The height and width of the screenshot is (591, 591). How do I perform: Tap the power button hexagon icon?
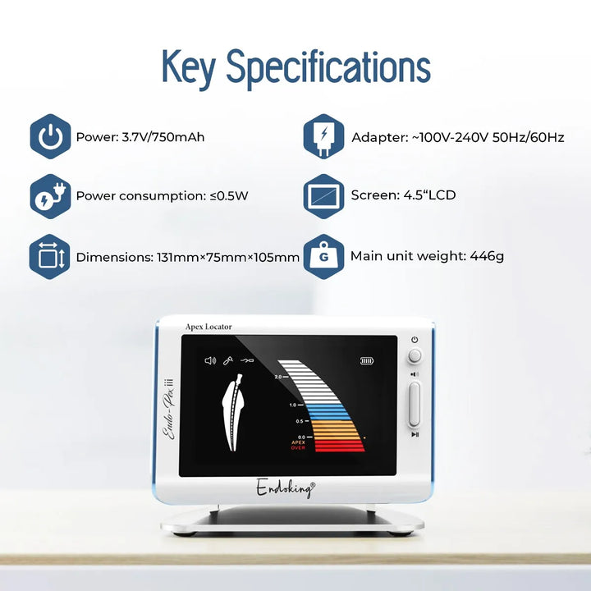[51, 136]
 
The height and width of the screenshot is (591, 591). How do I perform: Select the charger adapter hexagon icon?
[323, 136]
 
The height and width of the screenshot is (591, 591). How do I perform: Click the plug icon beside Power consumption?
[51, 196]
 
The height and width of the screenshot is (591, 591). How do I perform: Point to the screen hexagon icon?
[323, 196]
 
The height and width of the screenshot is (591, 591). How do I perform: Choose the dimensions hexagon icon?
[50, 257]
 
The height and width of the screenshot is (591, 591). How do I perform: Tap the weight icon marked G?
[323, 257]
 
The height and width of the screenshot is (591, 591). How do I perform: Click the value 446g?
[487, 257]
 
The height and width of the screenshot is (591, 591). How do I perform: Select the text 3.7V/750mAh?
[163, 137]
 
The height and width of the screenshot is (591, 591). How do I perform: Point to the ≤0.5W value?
[229, 196]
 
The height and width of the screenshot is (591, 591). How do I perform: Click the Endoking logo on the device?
[286, 488]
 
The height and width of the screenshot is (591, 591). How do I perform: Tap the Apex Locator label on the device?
[208, 327]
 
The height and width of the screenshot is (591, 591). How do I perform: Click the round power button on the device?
[415, 355]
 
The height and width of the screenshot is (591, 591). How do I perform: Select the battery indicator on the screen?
[367, 360]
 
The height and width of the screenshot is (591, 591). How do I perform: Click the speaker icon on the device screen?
[210, 360]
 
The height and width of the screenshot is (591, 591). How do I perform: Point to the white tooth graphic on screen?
[233, 412]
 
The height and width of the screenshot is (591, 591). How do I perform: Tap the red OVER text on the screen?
[298, 448]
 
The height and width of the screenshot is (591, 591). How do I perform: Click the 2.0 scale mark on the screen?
[278, 377]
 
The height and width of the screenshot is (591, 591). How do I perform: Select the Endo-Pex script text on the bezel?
[169, 410]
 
